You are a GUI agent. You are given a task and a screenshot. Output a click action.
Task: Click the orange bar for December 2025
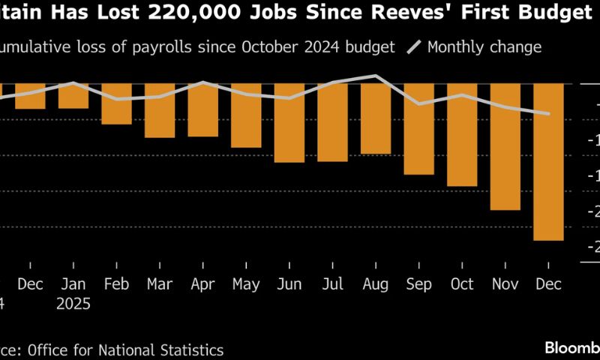point(548,161)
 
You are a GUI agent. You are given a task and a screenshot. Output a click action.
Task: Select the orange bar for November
point(505,146)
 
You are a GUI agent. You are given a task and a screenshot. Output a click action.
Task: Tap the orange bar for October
point(462,134)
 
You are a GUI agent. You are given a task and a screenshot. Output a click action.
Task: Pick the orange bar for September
point(418,128)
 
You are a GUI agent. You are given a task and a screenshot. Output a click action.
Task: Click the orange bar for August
point(375,118)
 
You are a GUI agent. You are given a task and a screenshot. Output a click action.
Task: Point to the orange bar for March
point(159,110)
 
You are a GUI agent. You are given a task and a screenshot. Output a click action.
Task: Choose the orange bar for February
point(116,103)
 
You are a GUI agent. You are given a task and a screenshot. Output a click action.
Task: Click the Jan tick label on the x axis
point(73,284)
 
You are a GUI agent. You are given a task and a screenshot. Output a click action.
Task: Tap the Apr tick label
point(202,284)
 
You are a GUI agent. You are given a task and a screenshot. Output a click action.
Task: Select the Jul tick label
point(332,284)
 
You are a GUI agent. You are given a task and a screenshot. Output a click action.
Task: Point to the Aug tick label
point(375,284)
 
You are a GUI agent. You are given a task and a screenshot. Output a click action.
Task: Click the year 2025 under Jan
point(73,304)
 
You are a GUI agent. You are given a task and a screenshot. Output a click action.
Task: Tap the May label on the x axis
point(246,284)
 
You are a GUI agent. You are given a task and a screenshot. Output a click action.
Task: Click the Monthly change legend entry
point(484,47)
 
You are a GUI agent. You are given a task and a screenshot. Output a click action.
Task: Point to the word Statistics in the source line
point(189,349)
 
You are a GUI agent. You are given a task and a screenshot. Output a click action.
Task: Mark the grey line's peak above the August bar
point(375,76)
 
